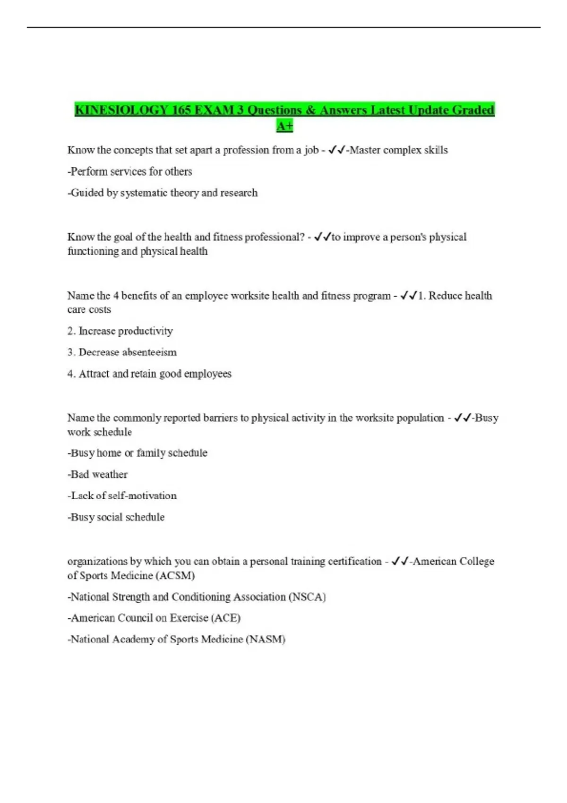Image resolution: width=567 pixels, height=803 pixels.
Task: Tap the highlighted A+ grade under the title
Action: pos(284,126)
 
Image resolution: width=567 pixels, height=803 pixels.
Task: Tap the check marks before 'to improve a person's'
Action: pos(322,237)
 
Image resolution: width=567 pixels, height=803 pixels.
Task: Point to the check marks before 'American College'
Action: pos(400,562)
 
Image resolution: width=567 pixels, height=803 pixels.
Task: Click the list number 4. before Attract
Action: pos(71,374)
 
